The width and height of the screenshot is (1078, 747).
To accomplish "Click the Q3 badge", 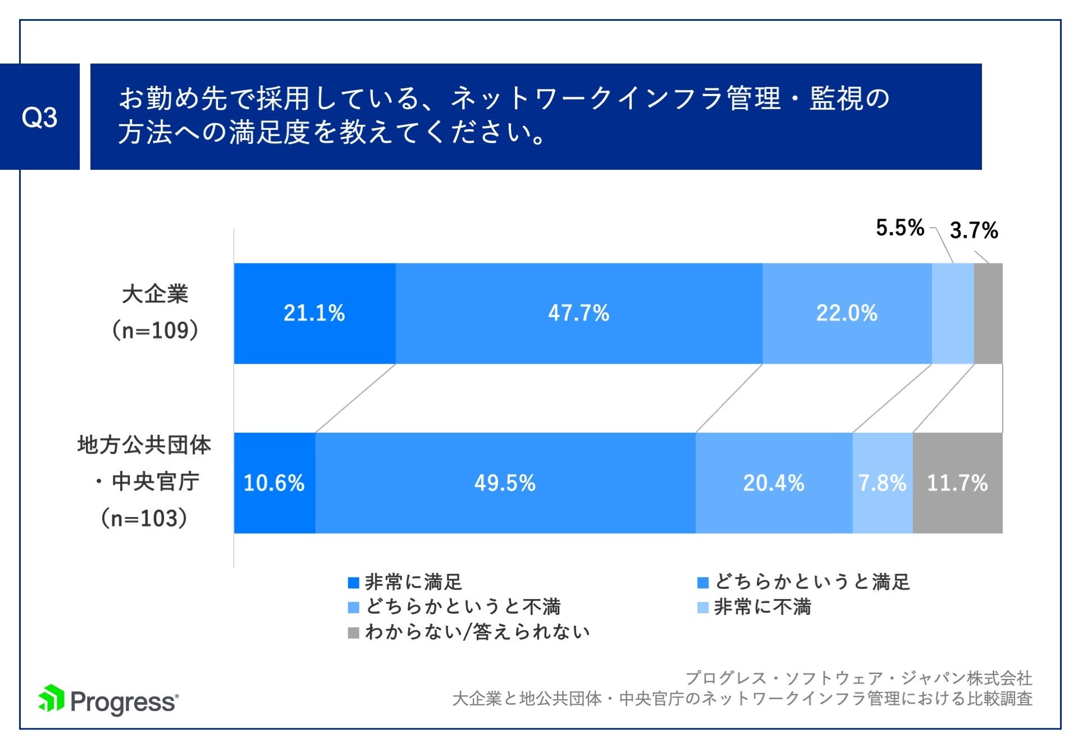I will pos(39,117).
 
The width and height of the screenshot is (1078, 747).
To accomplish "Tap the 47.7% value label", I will pos(578,313).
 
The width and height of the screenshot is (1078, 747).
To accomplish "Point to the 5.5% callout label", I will pos(899,228).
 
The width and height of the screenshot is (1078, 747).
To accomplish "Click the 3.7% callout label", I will pos(974,230).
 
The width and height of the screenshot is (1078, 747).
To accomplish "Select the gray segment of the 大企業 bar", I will pos(988,313).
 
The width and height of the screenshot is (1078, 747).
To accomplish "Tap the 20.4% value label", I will pos(774,483).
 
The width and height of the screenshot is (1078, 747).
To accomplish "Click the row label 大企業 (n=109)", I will pos(155,312).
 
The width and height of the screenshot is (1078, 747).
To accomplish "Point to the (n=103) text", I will pos(144,518).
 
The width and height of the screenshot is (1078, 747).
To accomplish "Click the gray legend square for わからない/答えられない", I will pos(353,633).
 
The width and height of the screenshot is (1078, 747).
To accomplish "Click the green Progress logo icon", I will pos(52,699).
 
